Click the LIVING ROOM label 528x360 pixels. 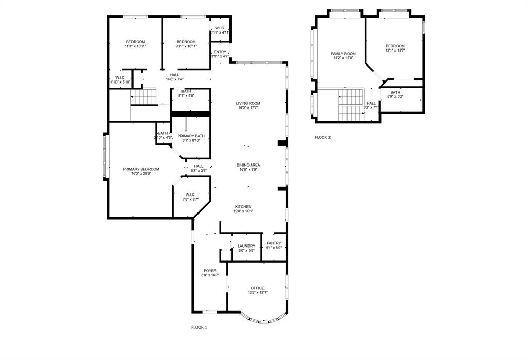[x=248, y=103]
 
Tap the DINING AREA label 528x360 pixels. [x=248, y=165]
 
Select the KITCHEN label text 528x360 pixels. [x=243, y=206]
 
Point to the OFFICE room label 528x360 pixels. [x=257, y=288]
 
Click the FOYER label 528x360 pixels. [x=210, y=271]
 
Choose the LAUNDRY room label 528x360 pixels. [x=246, y=246]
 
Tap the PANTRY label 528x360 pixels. [x=274, y=243]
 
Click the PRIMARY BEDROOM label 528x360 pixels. [x=141, y=169]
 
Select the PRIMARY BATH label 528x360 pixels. [x=191, y=136]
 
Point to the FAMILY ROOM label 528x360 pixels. [x=343, y=54]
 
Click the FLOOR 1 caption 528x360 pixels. [x=199, y=327]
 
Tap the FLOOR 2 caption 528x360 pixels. [x=323, y=137]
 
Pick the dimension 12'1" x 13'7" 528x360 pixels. [x=395, y=51]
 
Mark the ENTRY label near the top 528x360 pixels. [x=220, y=52]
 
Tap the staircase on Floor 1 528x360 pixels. [x=143, y=96]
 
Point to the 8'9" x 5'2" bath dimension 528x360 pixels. [x=395, y=96]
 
